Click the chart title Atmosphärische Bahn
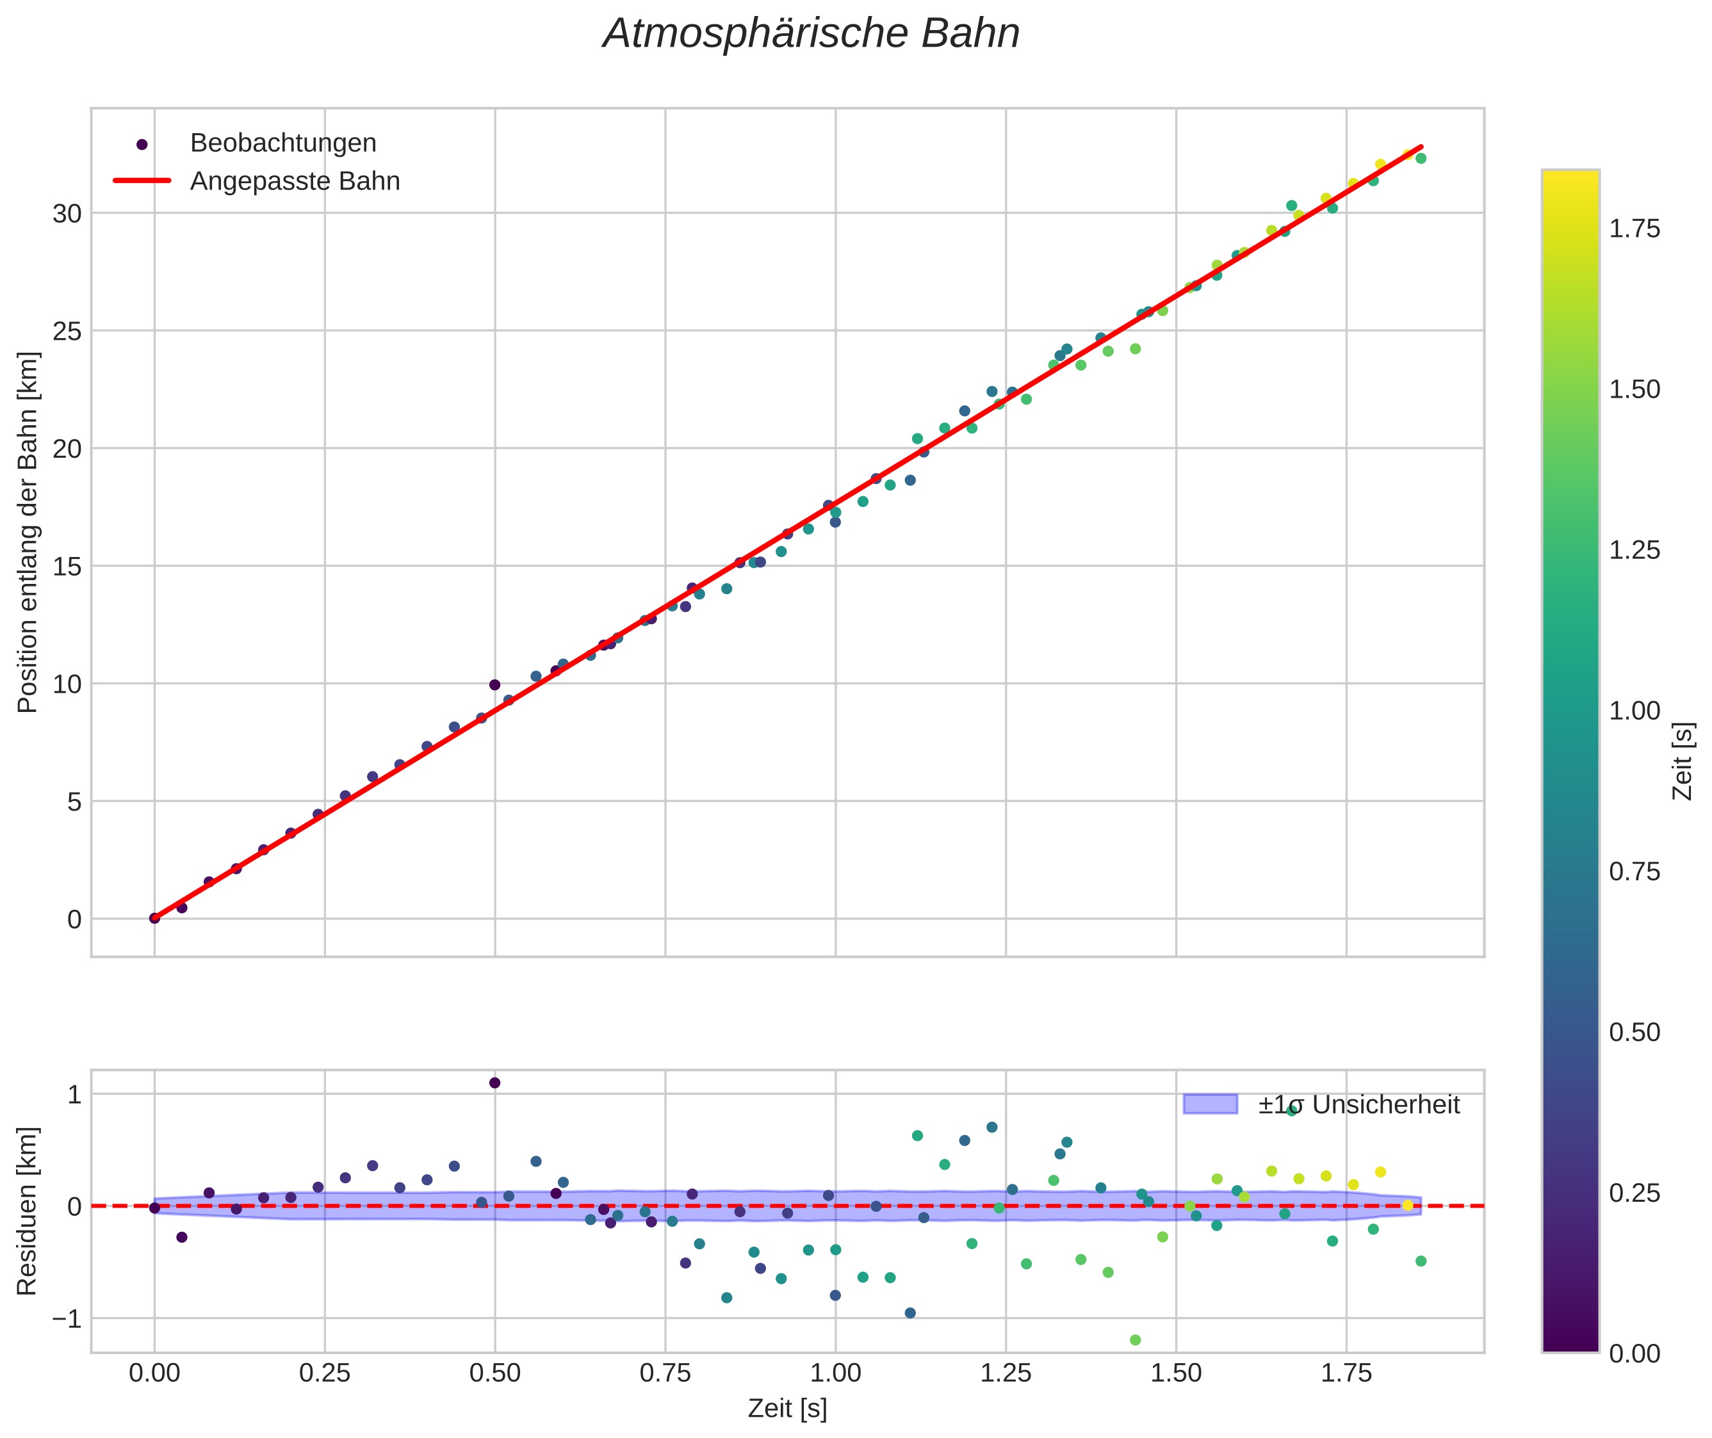[x=811, y=34]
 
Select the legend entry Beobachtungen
[x=282, y=143]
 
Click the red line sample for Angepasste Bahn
[x=142, y=181]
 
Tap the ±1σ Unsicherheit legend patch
[x=1210, y=1104]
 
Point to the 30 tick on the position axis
[x=68, y=214]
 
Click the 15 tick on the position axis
[x=68, y=567]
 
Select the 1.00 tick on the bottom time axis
[x=835, y=1373]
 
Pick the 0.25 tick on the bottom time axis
[x=325, y=1373]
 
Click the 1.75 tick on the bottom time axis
[x=1346, y=1373]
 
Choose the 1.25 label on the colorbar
[x=1635, y=550]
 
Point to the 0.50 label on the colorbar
[x=1635, y=1033]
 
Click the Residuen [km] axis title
[x=28, y=1211]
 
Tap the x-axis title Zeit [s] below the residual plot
[x=787, y=1409]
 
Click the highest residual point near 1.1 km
[x=494, y=1083]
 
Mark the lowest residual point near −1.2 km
[x=1134, y=1339]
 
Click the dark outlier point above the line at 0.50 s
[x=494, y=685]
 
